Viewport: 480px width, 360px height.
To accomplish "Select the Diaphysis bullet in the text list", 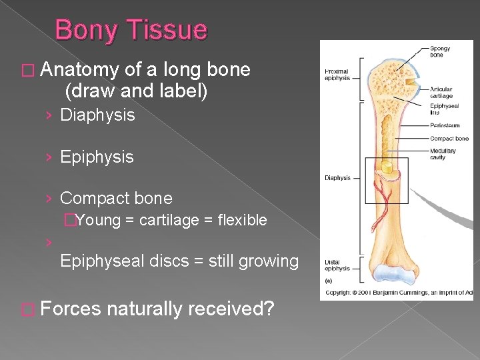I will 97,115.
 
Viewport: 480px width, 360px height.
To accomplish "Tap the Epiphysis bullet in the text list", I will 97,157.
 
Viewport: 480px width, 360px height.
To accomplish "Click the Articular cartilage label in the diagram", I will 441,93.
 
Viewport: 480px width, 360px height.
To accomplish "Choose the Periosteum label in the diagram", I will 444,125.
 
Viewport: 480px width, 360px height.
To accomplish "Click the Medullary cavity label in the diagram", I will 443,154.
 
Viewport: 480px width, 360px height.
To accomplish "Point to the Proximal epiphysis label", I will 338,74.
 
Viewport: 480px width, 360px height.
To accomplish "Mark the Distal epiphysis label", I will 337,265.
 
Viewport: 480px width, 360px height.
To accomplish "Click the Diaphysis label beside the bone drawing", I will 337,178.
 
